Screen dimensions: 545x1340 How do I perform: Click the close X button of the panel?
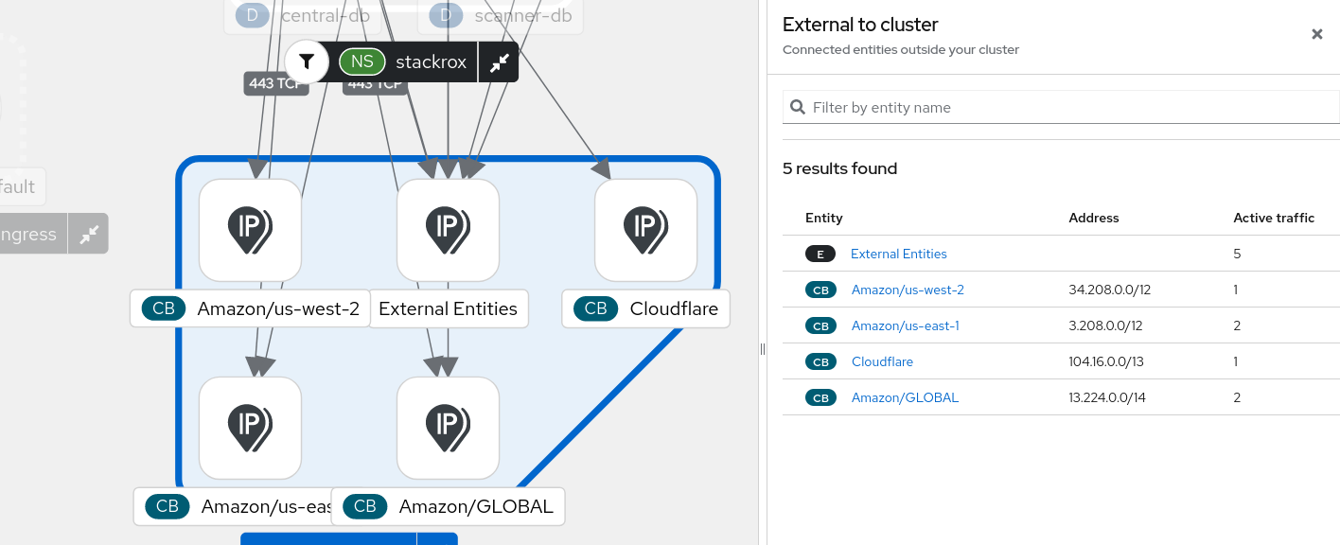1316,34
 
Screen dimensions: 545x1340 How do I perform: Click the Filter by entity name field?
1069,108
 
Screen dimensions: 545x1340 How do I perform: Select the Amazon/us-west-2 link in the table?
908,290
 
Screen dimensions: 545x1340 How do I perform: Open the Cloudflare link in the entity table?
882,361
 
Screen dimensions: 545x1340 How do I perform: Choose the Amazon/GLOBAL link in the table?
905,397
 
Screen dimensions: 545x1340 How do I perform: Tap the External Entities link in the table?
898,254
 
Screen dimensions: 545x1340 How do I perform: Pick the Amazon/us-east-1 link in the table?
905,325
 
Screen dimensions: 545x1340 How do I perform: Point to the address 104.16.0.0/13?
1105,361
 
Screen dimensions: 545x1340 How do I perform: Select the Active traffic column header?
1274,218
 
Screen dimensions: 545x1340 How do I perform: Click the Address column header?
1093,218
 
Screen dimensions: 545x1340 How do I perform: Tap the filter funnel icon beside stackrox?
307,62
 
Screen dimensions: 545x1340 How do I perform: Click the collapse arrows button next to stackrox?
499,62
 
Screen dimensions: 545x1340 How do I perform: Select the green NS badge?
362,62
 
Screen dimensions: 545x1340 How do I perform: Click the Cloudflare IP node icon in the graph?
645,230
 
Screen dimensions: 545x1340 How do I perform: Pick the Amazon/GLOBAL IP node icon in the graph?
448,428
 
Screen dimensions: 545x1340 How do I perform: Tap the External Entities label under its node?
448,308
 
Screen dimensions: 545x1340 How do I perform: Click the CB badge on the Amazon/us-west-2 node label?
164,308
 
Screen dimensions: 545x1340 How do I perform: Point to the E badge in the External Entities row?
820,254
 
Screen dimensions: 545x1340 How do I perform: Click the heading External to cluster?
860,26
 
